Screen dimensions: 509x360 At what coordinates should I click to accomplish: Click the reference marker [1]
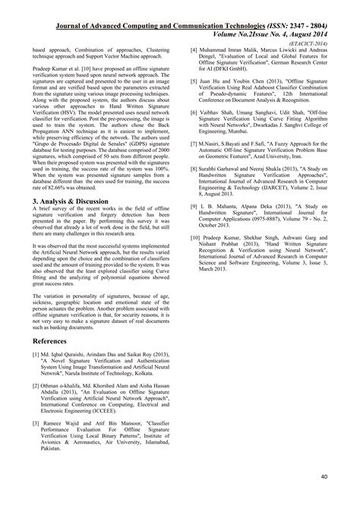click(36, 355)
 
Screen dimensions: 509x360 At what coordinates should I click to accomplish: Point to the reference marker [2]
click(36, 386)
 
